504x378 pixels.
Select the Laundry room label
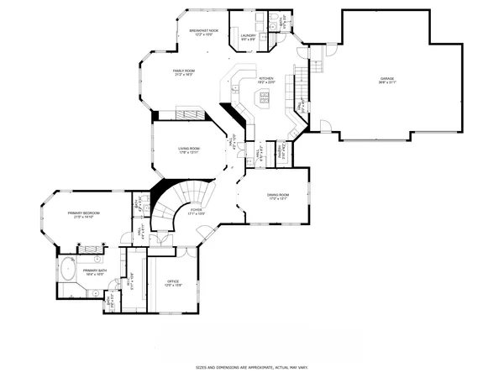click(x=248, y=37)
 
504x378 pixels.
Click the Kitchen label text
click(x=266, y=81)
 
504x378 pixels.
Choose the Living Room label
click(x=188, y=150)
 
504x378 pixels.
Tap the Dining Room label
click(x=278, y=197)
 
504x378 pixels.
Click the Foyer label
click(x=196, y=213)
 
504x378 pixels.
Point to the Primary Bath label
click(x=93, y=271)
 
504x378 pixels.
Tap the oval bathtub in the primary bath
click(x=66, y=272)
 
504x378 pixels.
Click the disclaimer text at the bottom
click(x=251, y=367)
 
